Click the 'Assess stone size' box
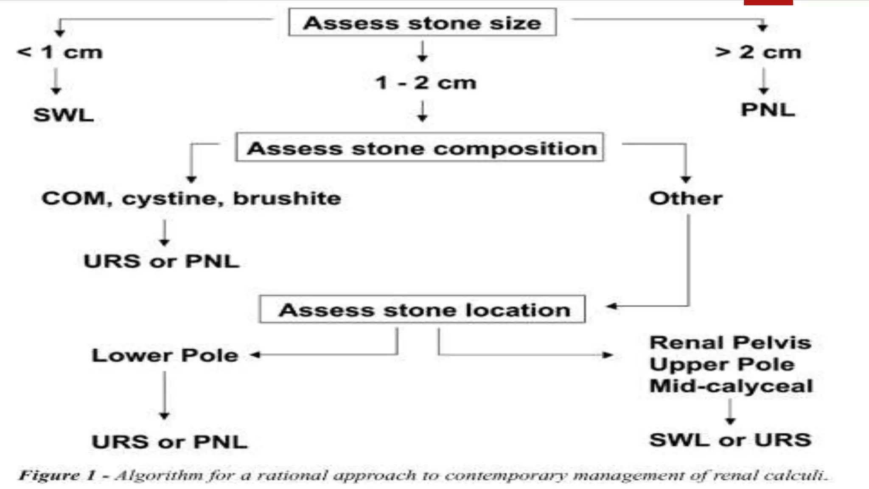422,22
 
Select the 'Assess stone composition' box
420,148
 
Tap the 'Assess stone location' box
423,310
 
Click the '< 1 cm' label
60,52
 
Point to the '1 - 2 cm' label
426,83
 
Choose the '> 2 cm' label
758,52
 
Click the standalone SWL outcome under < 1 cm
64,115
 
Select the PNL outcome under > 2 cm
768,110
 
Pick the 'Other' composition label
686,198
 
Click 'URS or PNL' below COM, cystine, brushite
162,261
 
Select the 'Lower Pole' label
165,355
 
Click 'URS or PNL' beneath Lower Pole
169,442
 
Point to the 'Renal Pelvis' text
730,343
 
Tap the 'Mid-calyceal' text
731,386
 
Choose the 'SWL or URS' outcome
730,440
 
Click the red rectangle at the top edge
768,3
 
